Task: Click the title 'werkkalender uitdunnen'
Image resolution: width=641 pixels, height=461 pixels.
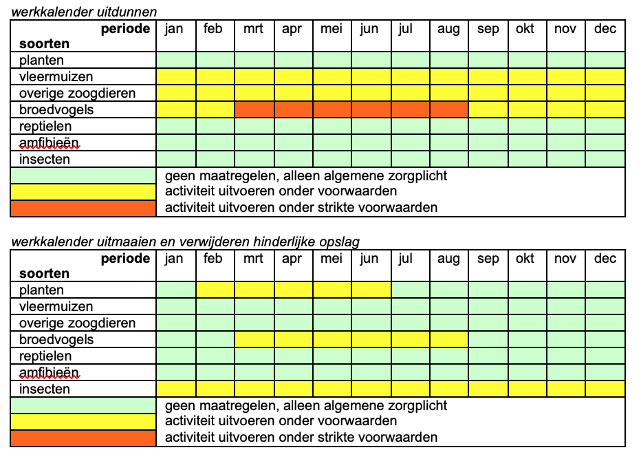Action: tap(83, 11)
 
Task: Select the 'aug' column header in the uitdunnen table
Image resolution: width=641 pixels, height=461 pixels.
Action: tap(448, 30)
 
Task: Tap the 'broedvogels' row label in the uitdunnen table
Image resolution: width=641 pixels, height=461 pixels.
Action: tap(56, 109)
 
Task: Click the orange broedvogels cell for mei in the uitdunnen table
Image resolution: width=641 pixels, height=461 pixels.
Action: tap(332, 109)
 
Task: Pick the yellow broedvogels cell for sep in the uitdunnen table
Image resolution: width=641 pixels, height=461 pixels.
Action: tap(488, 109)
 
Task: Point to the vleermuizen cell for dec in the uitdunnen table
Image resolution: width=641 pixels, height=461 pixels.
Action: tap(605, 76)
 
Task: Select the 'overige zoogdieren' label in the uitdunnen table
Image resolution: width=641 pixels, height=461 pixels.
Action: tap(77, 93)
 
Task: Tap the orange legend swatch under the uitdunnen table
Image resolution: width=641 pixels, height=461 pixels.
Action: tap(83, 208)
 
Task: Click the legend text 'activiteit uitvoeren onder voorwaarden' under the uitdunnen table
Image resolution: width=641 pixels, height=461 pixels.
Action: tap(281, 191)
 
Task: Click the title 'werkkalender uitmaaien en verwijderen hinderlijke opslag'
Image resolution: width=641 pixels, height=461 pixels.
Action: tap(185, 241)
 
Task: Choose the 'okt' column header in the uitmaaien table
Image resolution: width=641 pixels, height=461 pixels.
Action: tap(525, 259)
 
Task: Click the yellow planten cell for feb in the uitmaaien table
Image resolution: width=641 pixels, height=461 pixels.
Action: tap(215, 290)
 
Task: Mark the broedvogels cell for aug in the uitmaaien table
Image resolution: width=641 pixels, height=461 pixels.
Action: tap(448, 339)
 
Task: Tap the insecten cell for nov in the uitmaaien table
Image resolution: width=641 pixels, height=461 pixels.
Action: tap(565, 389)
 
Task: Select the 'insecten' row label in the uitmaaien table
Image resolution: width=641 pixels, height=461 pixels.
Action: tap(45, 389)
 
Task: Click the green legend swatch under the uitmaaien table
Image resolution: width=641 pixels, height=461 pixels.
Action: tap(83, 405)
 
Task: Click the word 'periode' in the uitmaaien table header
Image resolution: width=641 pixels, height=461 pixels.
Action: tap(125, 259)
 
